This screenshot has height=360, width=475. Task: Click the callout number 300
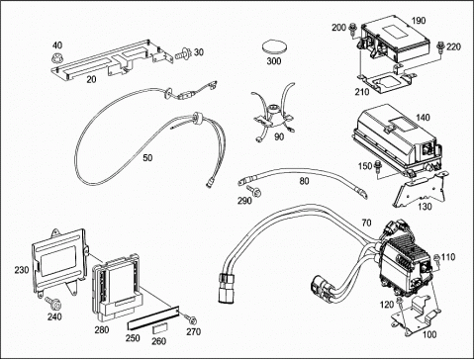pyautogui.click(x=274, y=61)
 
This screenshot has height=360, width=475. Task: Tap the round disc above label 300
pyautogui.click(x=274, y=47)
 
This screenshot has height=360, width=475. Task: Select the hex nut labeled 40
pyautogui.click(x=56, y=58)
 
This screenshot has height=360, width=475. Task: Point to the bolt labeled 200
pyautogui.click(x=351, y=29)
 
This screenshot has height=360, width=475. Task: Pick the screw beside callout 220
pyautogui.click(x=440, y=46)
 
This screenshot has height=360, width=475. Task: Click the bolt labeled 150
pyautogui.click(x=377, y=166)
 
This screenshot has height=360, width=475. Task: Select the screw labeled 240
pyautogui.click(x=51, y=302)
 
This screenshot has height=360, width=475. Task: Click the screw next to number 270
pyautogui.click(x=190, y=318)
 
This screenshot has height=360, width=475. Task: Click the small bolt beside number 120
pyautogui.click(x=400, y=302)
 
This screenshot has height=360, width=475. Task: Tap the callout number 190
pyautogui.click(x=419, y=21)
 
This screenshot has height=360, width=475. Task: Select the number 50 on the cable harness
pyautogui.click(x=147, y=158)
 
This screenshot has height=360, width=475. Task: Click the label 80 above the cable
pyautogui.click(x=304, y=181)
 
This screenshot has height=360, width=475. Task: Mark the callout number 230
pyautogui.click(x=22, y=270)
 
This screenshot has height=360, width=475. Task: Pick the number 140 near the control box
pyautogui.click(x=423, y=118)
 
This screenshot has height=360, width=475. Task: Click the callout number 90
pyautogui.click(x=279, y=136)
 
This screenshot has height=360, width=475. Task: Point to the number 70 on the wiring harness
pyautogui.click(x=366, y=224)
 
